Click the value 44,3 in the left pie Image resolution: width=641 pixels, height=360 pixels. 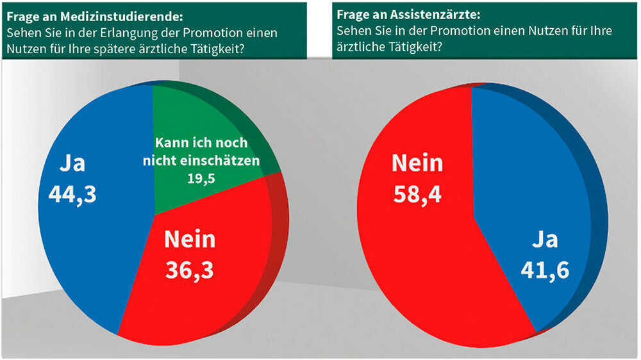(72, 194)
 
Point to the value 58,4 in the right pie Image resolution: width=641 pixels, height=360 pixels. (417, 191)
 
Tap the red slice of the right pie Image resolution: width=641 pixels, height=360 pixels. (417, 256)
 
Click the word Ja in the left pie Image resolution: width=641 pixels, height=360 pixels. (72, 164)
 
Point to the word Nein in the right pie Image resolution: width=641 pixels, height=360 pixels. (417, 163)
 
